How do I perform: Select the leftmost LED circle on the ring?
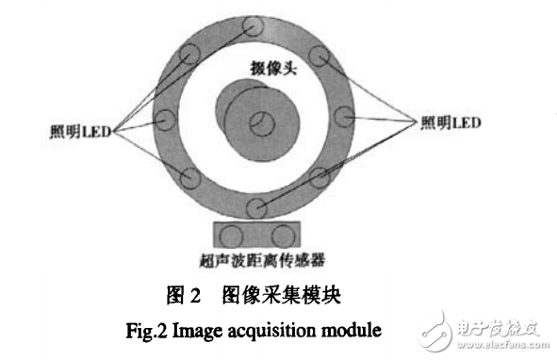pos(166,121)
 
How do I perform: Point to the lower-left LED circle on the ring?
pos(187,179)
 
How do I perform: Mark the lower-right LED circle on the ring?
pos(320,179)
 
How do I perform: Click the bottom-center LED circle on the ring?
pos(254,208)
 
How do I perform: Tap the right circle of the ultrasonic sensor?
pos(280,235)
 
